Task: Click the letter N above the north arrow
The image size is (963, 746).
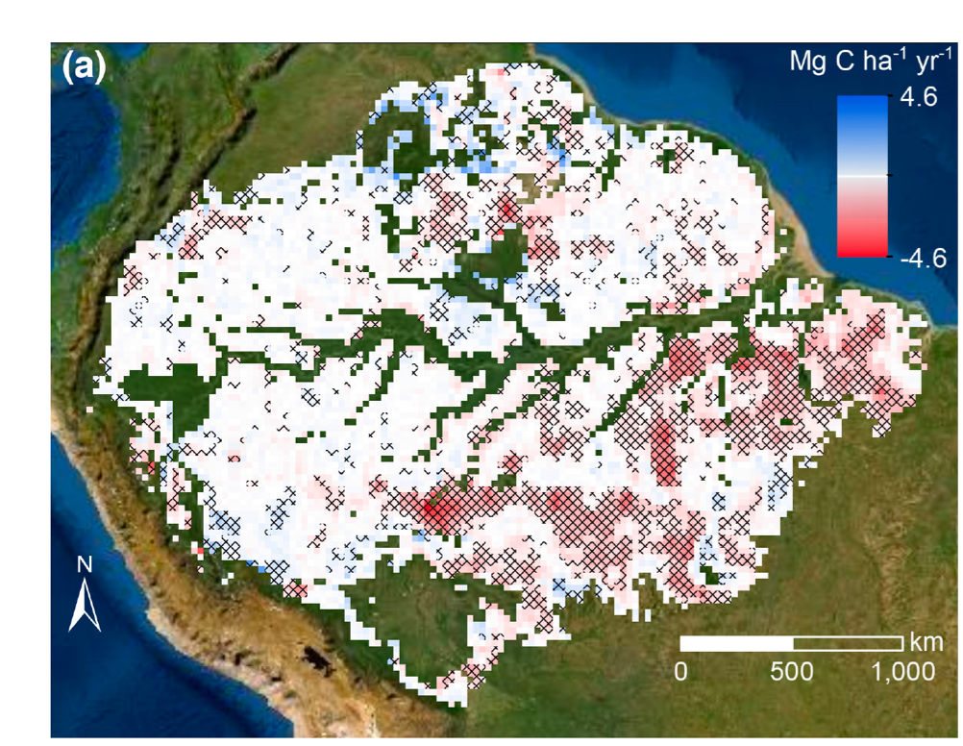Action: coord(85,565)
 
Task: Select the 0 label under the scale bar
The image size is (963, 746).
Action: coord(681,670)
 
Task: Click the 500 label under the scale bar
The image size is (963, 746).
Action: coord(791,670)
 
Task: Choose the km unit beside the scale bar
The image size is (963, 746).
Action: coord(926,641)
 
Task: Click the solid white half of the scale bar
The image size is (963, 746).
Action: coord(737,642)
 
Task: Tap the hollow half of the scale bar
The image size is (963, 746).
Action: coord(849,642)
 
